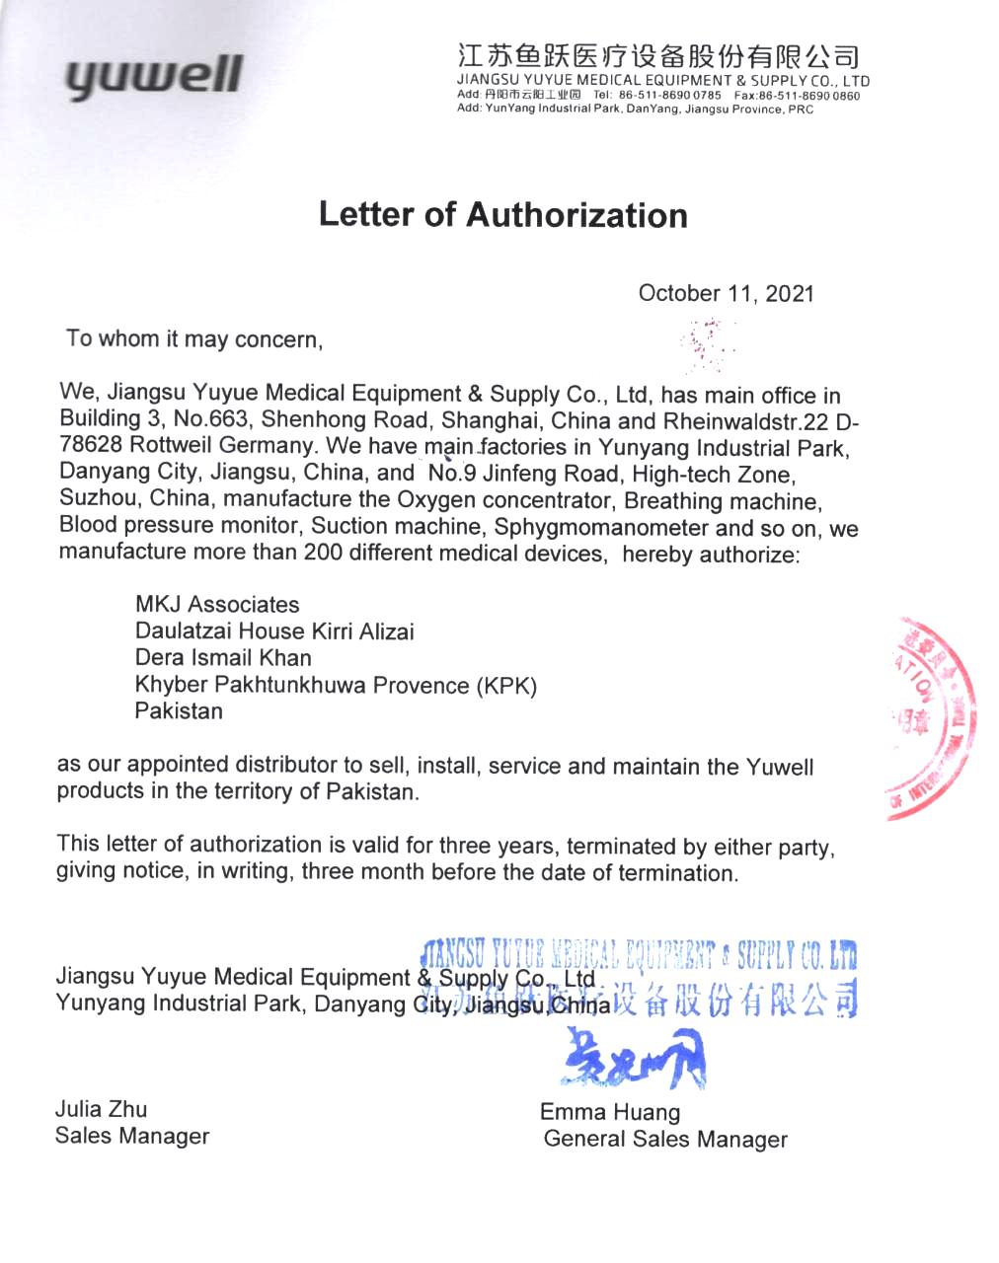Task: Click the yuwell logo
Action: tap(154, 75)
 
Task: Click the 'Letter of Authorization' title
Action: tap(502, 215)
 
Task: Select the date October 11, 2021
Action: tap(726, 293)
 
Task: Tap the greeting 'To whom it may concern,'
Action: tap(194, 339)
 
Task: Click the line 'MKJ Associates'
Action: tap(217, 604)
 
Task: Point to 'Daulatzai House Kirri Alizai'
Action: tap(274, 631)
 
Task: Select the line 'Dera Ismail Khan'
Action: tap(223, 658)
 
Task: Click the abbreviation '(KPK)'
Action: tap(505, 686)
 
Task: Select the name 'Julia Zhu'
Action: tap(101, 1109)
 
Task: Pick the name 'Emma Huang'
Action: tap(609, 1112)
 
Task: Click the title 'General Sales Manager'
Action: tap(664, 1140)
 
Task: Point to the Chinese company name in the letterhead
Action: tap(658, 56)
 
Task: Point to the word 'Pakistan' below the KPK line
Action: tap(179, 711)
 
